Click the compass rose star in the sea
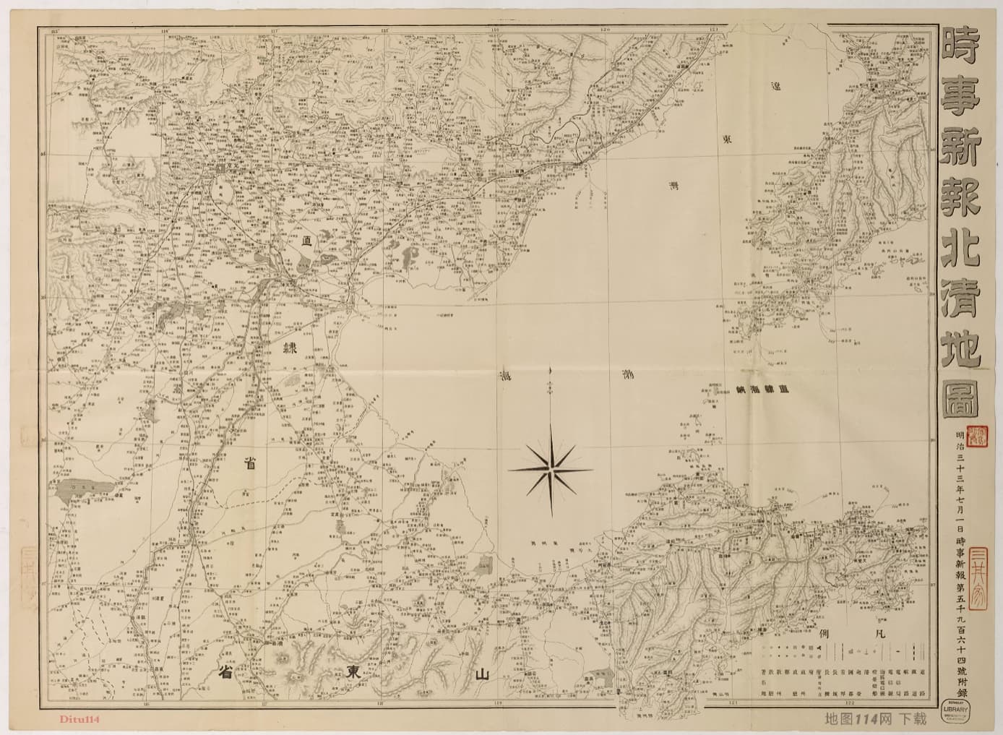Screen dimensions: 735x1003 click(x=551, y=470)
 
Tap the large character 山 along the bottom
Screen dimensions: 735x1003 click(x=482, y=674)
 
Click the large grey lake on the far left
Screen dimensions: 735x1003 click(x=85, y=491)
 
